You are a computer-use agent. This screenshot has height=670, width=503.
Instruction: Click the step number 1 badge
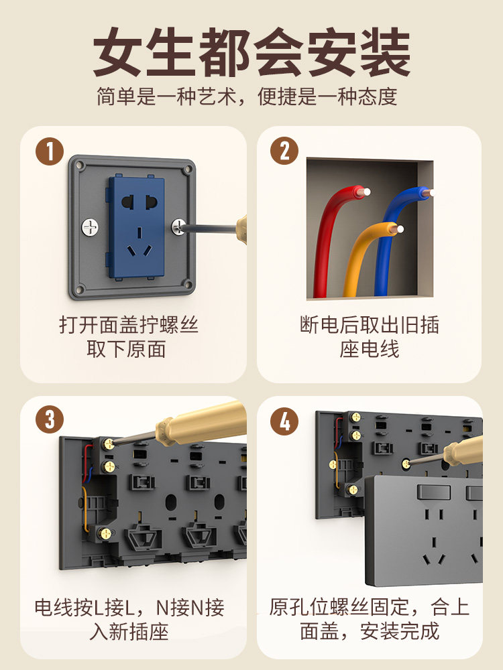(x=50, y=151)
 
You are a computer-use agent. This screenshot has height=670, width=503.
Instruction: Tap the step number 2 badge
(x=284, y=151)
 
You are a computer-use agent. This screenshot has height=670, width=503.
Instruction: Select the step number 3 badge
(x=50, y=419)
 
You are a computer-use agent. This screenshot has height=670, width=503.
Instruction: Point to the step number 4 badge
(x=284, y=421)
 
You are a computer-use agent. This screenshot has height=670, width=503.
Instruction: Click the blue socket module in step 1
(x=136, y=227)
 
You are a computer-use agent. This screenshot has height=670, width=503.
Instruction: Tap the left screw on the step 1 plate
(x=90, y=227)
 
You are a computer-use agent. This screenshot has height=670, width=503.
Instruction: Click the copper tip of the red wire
(x=364, y=192)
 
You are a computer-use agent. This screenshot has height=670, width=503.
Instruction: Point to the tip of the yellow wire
(x=398, y=229)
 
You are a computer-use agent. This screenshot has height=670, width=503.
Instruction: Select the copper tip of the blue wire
(x=428, y=193)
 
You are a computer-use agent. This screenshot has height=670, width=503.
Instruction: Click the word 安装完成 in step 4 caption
(x=400, y=631)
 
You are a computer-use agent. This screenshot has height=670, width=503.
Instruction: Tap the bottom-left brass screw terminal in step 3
(x=105, y=533)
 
